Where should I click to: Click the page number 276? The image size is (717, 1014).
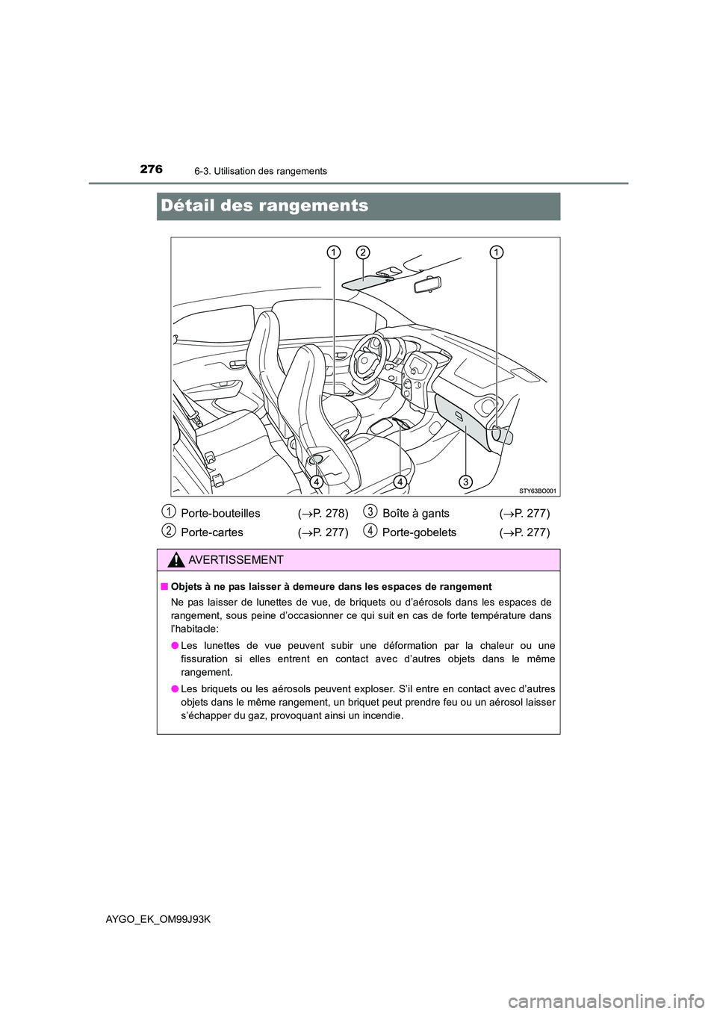151,169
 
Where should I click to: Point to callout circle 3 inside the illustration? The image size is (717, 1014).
465,481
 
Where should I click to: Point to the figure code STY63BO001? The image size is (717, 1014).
538,490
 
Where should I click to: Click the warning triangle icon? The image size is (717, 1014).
177,561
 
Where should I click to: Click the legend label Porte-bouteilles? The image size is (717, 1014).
220,513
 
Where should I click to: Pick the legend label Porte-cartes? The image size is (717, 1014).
211,532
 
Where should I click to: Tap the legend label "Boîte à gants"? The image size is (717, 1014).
415,513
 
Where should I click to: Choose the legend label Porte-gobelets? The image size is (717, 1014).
419,532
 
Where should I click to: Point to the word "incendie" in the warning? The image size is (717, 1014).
380,715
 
